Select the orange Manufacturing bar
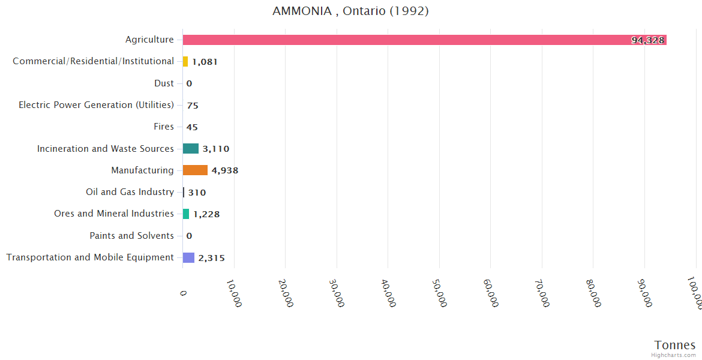click(195, 170)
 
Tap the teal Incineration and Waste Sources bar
click(191, 149)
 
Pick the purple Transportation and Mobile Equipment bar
click(188, 257)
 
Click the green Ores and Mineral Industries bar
click(186, 214)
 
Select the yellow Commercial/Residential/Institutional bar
click(185, 61)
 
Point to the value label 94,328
click(647, 40)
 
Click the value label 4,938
click(225, 170)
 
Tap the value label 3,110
click(216, 149)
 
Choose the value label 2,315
click(212, 258)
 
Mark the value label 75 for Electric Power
click(193, 106)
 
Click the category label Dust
click(164, 83)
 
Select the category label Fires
click(164, 127)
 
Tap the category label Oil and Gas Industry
click(130, 192)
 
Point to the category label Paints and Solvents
click(131, 236)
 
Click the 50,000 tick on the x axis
click(439, 292)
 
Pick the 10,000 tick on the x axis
click(234, 292)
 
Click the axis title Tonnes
click(675, 345)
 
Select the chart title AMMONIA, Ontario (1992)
click(350, 11)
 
